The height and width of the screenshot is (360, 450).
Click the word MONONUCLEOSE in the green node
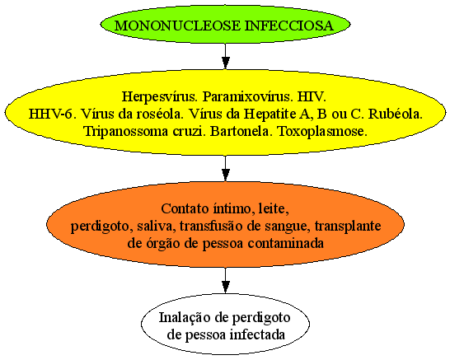[177, 26]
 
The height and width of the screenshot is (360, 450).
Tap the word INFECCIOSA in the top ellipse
[289, 26]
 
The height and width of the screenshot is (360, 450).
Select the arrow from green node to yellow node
[226, 56]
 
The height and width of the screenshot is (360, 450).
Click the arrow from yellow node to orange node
[226, 168]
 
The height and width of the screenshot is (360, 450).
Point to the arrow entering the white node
[226, 280]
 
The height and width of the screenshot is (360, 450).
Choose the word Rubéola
[395, 114]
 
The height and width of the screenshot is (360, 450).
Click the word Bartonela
[241, 131]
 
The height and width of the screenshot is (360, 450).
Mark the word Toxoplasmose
[323, 131]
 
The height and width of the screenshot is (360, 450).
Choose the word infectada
[258, 334]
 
